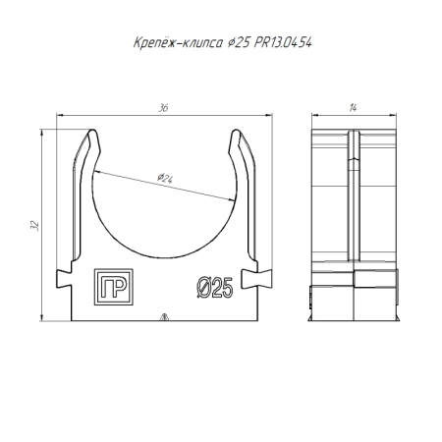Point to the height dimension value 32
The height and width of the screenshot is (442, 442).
pos(34,225)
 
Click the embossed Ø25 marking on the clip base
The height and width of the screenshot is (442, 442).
pos(214,287)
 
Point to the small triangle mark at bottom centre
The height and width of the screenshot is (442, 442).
pos(164,317)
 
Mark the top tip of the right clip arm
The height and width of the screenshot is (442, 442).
pos(238,131)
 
